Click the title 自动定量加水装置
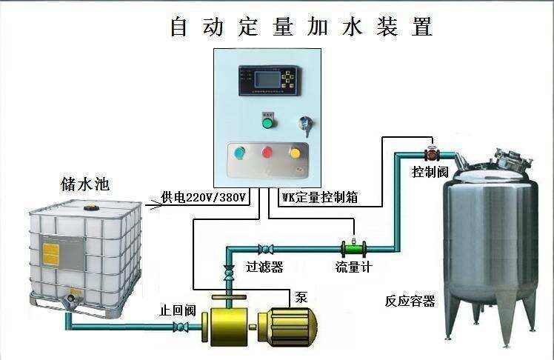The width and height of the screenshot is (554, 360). pos(301,27)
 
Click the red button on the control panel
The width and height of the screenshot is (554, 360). pos(267,153)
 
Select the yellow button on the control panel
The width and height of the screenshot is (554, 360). pos(295,153)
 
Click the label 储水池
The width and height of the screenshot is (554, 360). pos(85,184)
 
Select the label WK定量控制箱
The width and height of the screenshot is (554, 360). pos(319,198)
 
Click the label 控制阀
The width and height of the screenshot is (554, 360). pos(430,172)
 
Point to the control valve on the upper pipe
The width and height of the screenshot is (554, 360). pos(431,154)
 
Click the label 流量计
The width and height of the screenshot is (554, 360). pos(353,266)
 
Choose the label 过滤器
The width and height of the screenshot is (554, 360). pos(264,266)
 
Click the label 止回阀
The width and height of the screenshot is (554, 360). pos(178,310)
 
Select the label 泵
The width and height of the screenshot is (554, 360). pos(301,297)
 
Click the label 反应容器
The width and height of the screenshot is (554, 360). pos(410,301)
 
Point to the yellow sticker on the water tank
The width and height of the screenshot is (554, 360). pos(51,254)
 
